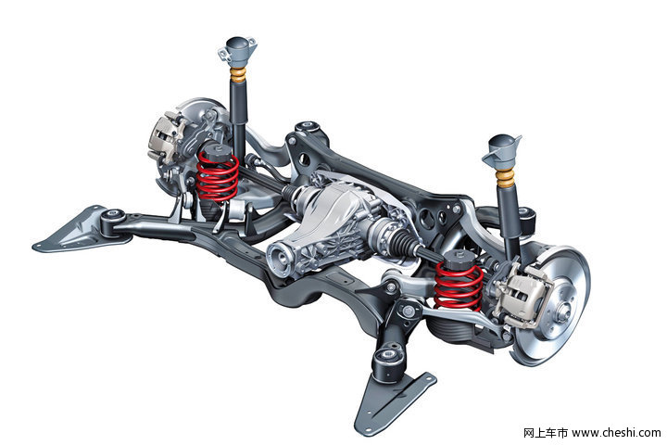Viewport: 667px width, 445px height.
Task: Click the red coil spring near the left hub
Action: tap(218, 176)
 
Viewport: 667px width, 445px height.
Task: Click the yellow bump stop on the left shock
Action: tap(238, 75)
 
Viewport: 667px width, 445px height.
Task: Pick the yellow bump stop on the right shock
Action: tap(506, 178)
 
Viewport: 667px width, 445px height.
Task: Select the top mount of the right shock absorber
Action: tap(502, 152)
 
